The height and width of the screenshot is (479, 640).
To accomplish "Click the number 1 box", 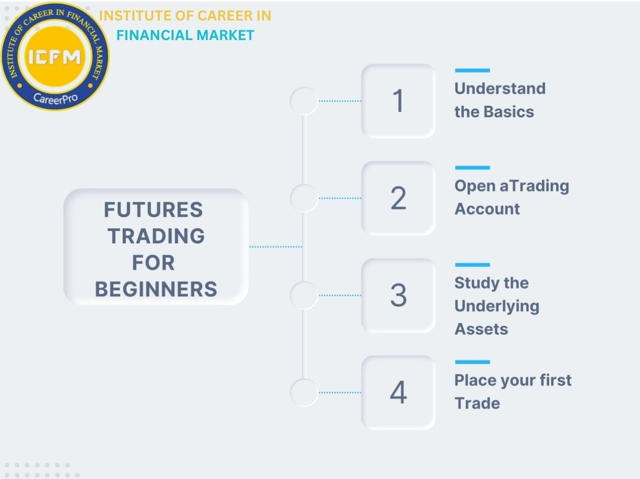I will click(398, 101).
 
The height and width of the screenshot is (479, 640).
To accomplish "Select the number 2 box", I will click(398, 198).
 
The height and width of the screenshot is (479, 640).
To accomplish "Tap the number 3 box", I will click(398, 295).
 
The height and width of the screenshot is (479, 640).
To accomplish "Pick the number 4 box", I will click(398, 393).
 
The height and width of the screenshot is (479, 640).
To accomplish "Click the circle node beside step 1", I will click(304, 101).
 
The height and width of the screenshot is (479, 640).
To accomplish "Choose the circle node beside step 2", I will click(304, 198).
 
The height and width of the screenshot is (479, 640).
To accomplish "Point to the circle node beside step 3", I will click(304, 295).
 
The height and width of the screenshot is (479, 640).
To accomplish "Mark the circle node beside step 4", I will click(304, 393).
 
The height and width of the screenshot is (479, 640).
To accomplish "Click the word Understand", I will click(500, 88).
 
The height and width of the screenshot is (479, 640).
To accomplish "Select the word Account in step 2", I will click(487, 209).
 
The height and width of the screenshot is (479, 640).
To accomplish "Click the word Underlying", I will click(497, 306).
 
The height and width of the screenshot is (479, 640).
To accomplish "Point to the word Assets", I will click(481, 329).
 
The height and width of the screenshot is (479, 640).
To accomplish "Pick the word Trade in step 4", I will click(477, 403).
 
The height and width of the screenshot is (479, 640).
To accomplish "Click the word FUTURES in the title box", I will click(153, 209).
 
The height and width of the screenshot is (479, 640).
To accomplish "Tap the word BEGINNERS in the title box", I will click(156, 290).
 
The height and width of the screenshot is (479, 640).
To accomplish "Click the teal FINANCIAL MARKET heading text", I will click(185, 35).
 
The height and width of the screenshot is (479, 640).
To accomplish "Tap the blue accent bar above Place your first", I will click(472, 362).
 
